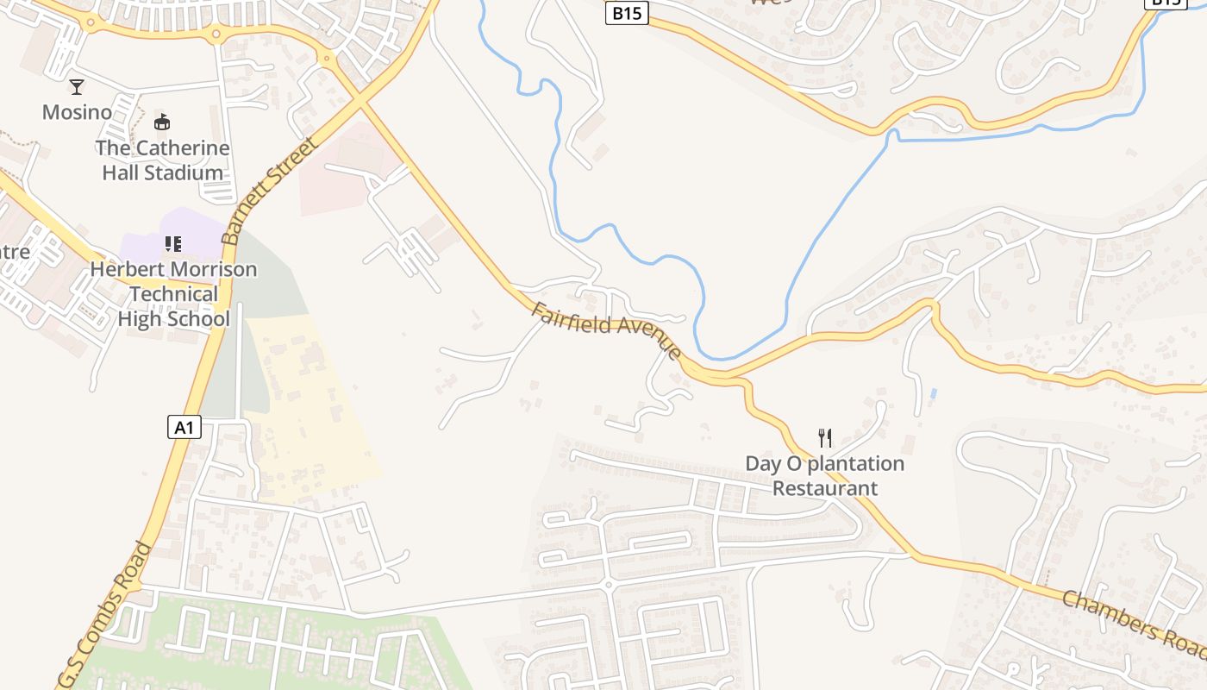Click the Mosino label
[x=77, y=112]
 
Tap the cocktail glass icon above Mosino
[x=77, y=86]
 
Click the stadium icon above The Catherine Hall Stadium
[x=162, y=122]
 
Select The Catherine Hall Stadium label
[x=162, y=160]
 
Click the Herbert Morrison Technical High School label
[x=174, y=294]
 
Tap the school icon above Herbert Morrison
[x=173, y=244]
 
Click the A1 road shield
[x=184, y=426]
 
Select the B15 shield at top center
[x=626, y=13]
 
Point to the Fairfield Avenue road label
[x=606, y=330]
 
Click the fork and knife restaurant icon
[x=825, y=438]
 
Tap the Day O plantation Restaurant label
[x=825, y=476]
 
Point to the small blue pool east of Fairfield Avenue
[x=933, y=393]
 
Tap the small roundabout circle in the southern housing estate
[x=608, y=585]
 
